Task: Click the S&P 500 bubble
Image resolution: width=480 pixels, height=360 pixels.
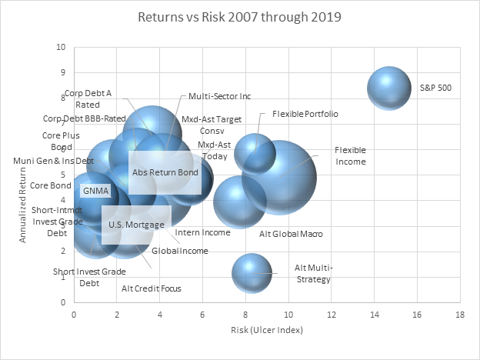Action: pos(390,88)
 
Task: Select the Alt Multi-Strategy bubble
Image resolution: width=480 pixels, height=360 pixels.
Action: pos(252,273)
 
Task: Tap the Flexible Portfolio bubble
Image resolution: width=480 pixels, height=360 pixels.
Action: pos(255,152)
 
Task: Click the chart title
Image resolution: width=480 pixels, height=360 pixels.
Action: pos(239,16)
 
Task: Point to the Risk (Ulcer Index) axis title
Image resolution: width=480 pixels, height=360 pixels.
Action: pos(267,330)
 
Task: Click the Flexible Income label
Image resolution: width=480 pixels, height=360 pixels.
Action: pos(350,155)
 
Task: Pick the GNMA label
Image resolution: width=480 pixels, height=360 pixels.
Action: pos(96,191)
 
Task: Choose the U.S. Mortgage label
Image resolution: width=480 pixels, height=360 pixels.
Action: pos(136,225)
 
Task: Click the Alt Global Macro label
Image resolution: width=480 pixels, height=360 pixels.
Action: pos(291,233)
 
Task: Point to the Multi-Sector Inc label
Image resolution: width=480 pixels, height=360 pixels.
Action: pos(219,96)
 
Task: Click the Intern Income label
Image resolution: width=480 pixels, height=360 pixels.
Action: pos(202,232)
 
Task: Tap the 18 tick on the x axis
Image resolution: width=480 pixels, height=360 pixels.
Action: pos(459,314)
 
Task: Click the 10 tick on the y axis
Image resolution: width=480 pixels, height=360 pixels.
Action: pos(61,48)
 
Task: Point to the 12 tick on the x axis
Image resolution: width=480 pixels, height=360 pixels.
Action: pos(331,314)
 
